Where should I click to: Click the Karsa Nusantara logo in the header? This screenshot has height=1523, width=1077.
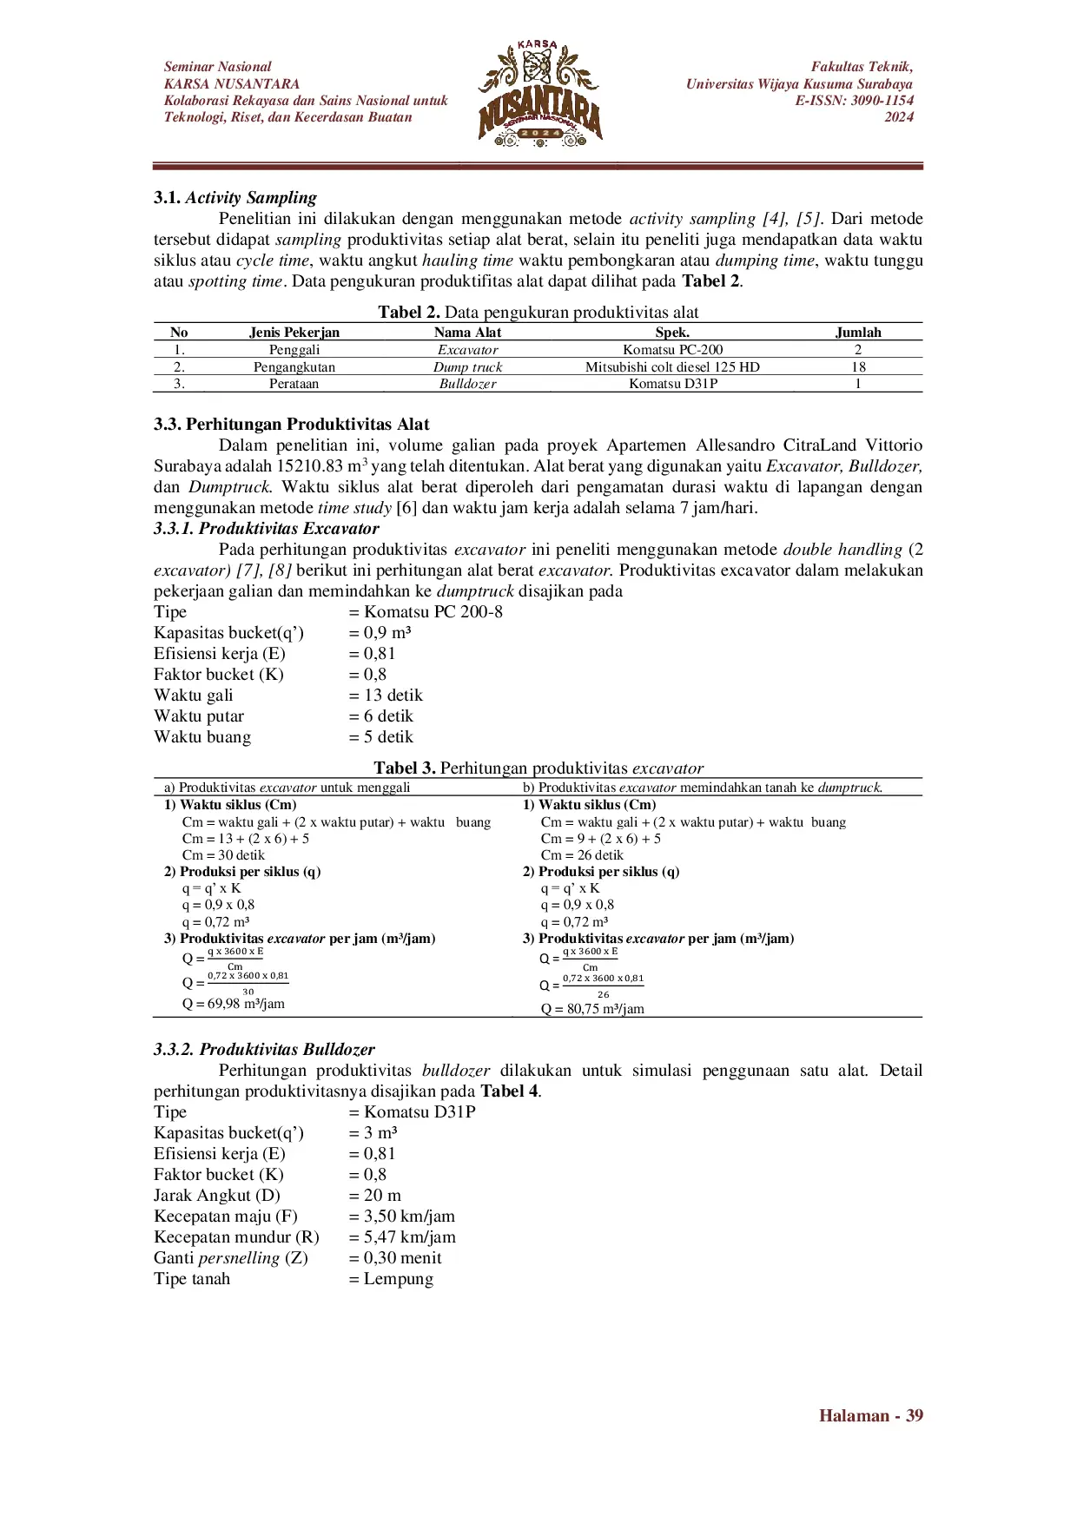tap(539, 94)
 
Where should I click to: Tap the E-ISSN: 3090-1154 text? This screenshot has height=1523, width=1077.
tap(854, 101)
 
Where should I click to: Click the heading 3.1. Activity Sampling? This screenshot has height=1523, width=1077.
tap(235, 198)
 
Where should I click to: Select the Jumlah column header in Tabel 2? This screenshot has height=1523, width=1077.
tap(858, 333)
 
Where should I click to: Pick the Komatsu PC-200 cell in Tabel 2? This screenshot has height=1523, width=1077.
tap(672, 350)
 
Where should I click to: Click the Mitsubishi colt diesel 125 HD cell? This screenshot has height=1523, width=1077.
tap(672, 367)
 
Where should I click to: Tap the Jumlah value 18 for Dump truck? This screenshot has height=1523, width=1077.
tap(858, 367)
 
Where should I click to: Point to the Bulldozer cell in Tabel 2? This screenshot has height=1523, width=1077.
tap(467, 384)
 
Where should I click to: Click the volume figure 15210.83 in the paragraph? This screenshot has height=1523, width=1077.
tap(310, 466)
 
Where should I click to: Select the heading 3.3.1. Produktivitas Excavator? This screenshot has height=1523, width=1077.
tap(267, 529)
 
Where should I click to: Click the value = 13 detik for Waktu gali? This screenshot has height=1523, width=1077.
tap(386, 696)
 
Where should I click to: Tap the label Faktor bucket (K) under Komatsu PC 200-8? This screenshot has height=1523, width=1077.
tap(219, 675)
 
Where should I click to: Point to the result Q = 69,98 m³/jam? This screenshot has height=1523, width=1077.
tap(234, 1004)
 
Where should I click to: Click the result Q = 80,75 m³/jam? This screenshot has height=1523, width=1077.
tap(592, 1009)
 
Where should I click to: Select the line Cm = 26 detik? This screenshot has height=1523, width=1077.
tap(582, 855)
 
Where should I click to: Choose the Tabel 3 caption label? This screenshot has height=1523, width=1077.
tap(405, 768)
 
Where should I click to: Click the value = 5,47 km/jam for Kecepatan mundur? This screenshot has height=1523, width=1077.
tap(402, 1237)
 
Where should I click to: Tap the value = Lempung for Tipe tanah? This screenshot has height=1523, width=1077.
tap(391, 1279)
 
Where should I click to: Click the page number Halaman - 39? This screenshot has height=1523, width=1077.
tap(870, 1416)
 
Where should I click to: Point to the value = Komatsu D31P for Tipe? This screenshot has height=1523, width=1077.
tap(412, 1112)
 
